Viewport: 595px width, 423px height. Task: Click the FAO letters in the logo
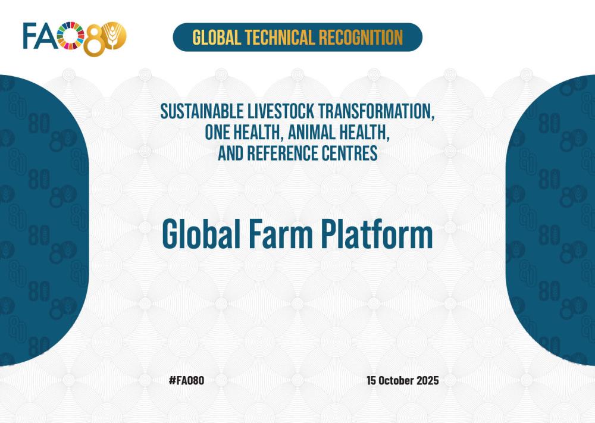pyautogui.click(x=40, y=36)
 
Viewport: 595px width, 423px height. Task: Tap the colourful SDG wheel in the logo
pyautogui.click(x=71, y=36)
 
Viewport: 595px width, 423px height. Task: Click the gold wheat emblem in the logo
pyautogui.click(x=114, y=36)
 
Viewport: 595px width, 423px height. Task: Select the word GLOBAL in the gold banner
pyautogui.click(x=217, y=37)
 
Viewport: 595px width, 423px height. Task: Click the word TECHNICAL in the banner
pyautogui.click(x=280, y=37)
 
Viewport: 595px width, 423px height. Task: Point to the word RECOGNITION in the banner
pyautogui.click(x=361, y=37)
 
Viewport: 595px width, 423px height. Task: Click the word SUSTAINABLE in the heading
pyautogui.click(x=202, y=111)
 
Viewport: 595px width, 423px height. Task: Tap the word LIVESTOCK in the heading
pyautogui.click(x=281, y=111)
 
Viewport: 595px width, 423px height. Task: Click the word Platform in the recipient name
pyautogui.click(x=377, y=234)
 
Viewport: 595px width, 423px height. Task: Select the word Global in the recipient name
pyautogui.click(x=201, y=234)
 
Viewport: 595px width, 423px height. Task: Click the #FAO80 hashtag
pyautogui.click(x=186, y=381)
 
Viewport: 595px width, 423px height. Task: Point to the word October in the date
pyautogui.click(x=396, y=381)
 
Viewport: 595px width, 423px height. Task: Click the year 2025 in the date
pyautogui.click(x=428, y=381)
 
